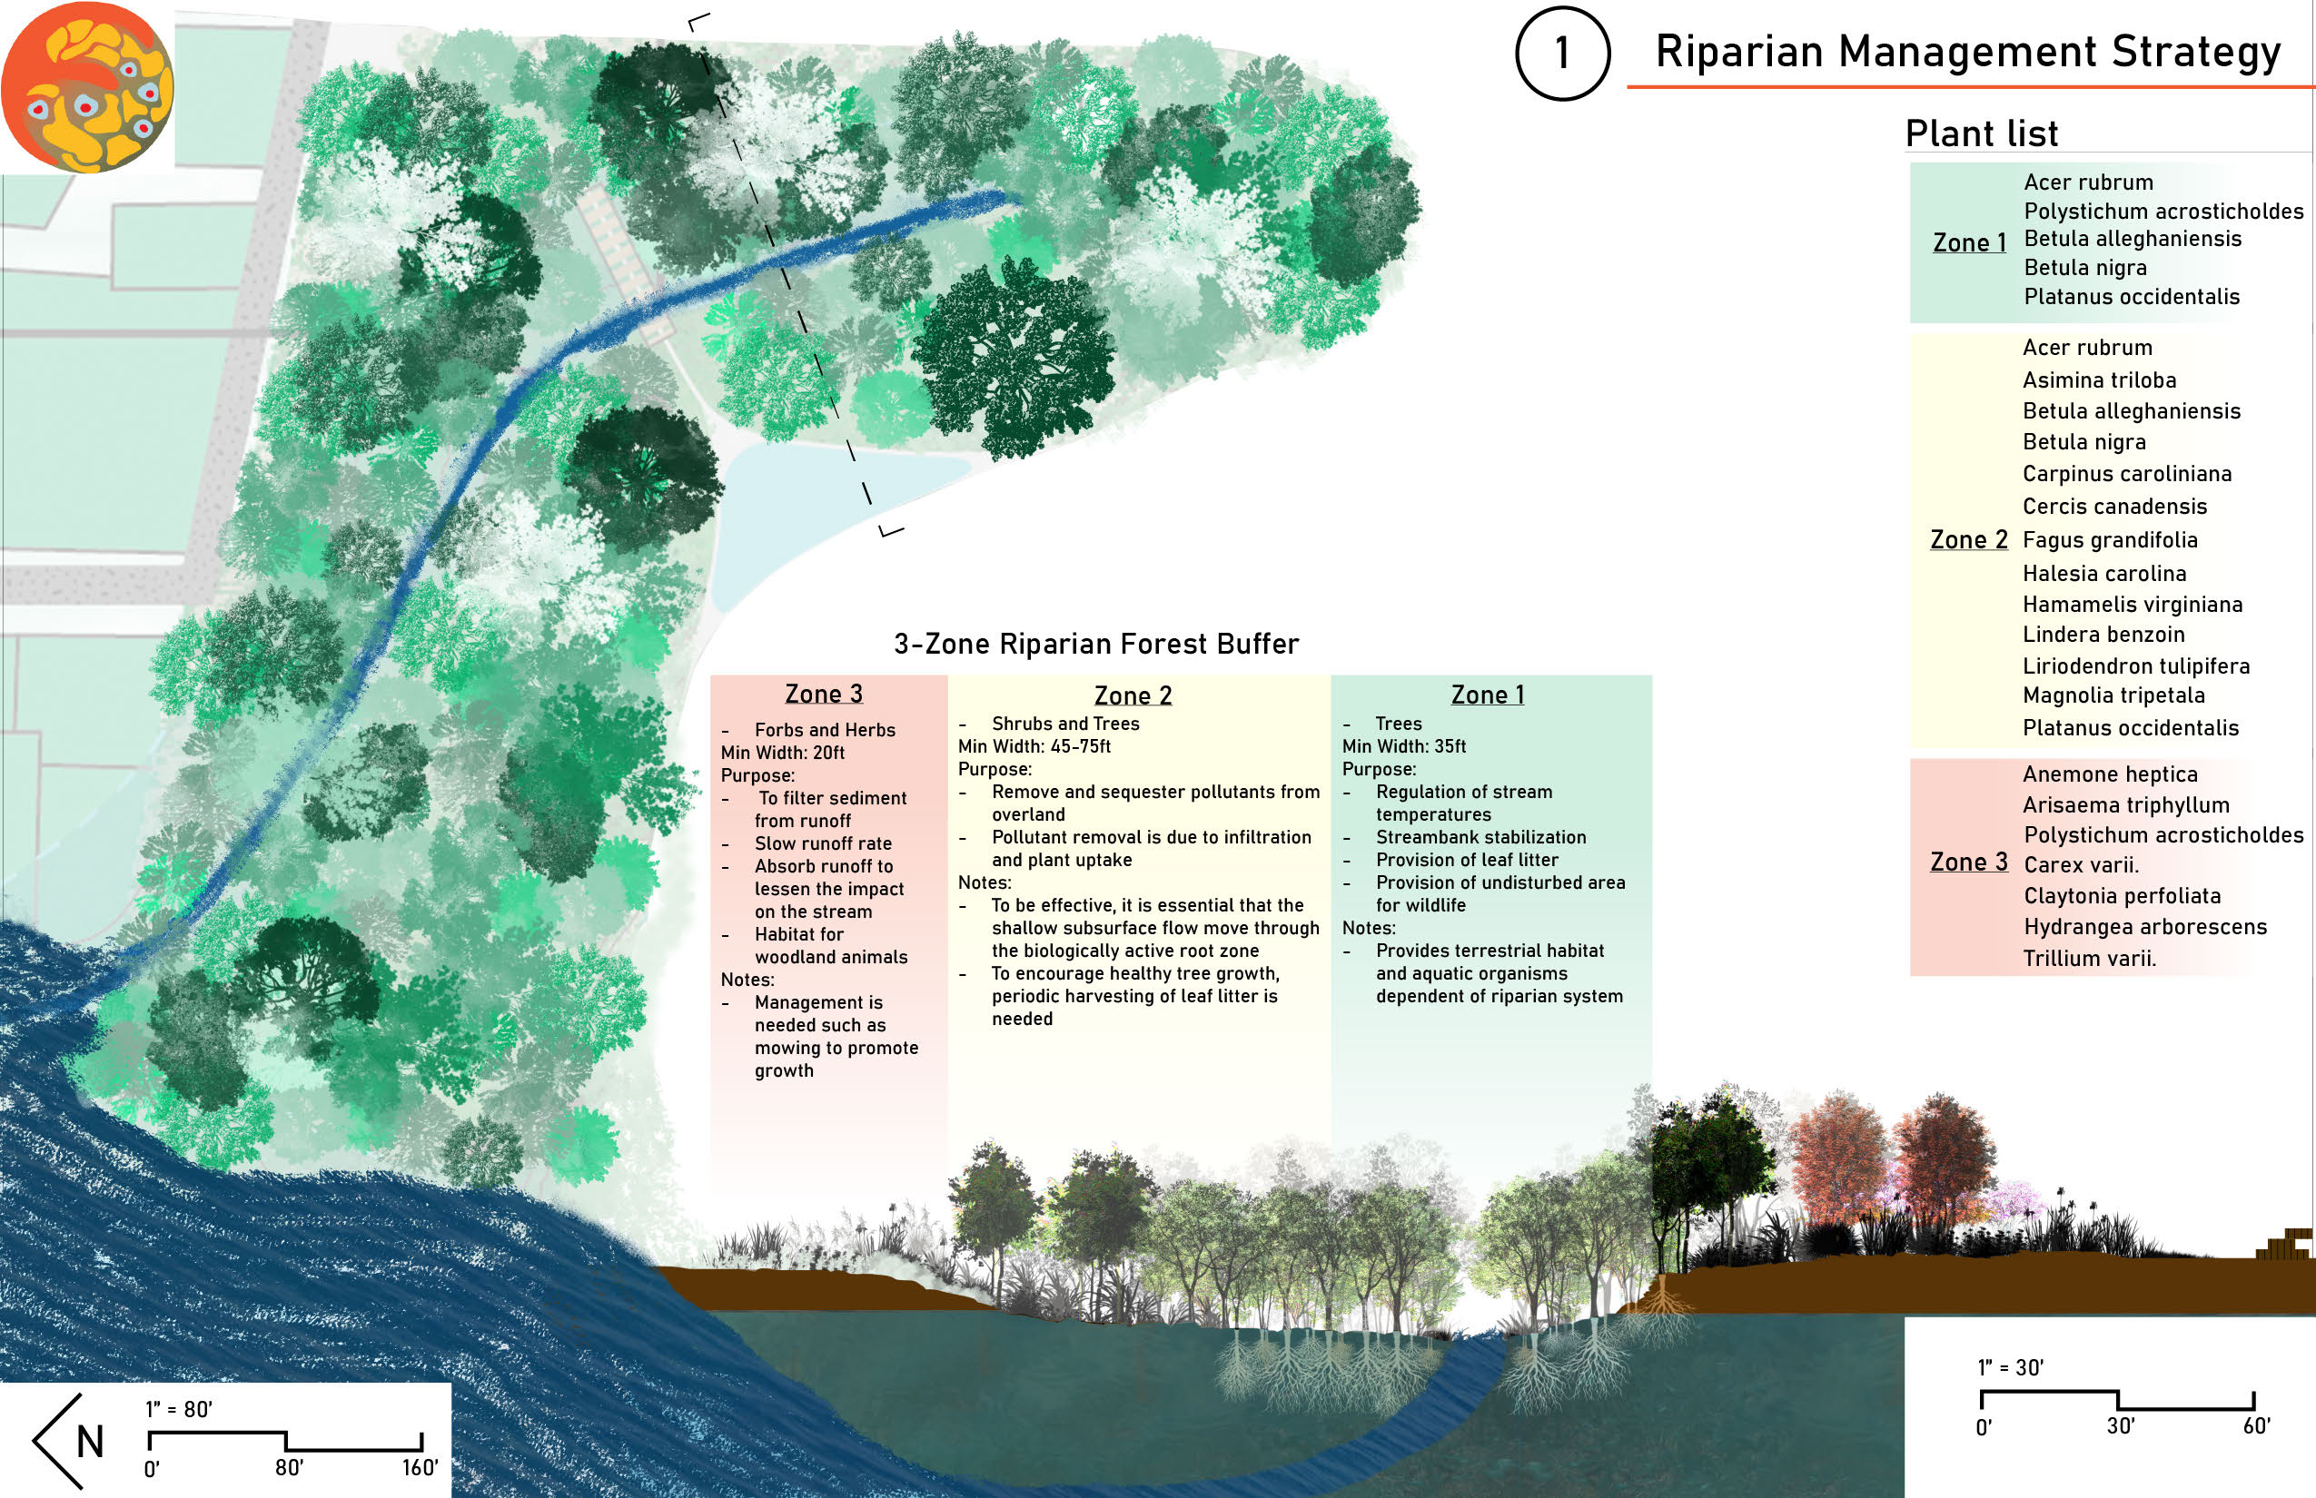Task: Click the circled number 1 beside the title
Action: click(x=1562, y=53)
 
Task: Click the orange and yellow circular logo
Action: click(x=87, y=87)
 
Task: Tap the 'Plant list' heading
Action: click(x=1981, y=133)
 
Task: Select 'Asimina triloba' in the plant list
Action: click(x=2099, y=380)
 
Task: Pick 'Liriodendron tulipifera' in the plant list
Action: click(x=2136, y=666)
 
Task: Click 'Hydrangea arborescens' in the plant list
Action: click(x=2144, y=927)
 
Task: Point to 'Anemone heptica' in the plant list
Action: click(x=2110, y=774)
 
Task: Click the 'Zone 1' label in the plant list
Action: click(x=1969, y=243)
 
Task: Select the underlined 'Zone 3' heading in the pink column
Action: click(x=823, y=694)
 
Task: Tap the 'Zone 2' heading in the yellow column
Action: click(x=1133, y=695)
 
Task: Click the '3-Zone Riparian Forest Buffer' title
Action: click(x=1095, y=644)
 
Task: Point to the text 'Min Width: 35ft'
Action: click(x=1403, y=746)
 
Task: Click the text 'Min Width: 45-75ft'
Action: click(x=1034, y=746)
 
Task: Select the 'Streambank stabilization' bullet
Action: click(x=1480, y=837)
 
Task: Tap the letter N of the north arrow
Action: click(x=90, y=1442)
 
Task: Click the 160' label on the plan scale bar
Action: click(x=421, y=1468)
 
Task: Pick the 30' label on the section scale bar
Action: click(x=2121, y=1426)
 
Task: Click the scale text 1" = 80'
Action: click(x=179, y=1409)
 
